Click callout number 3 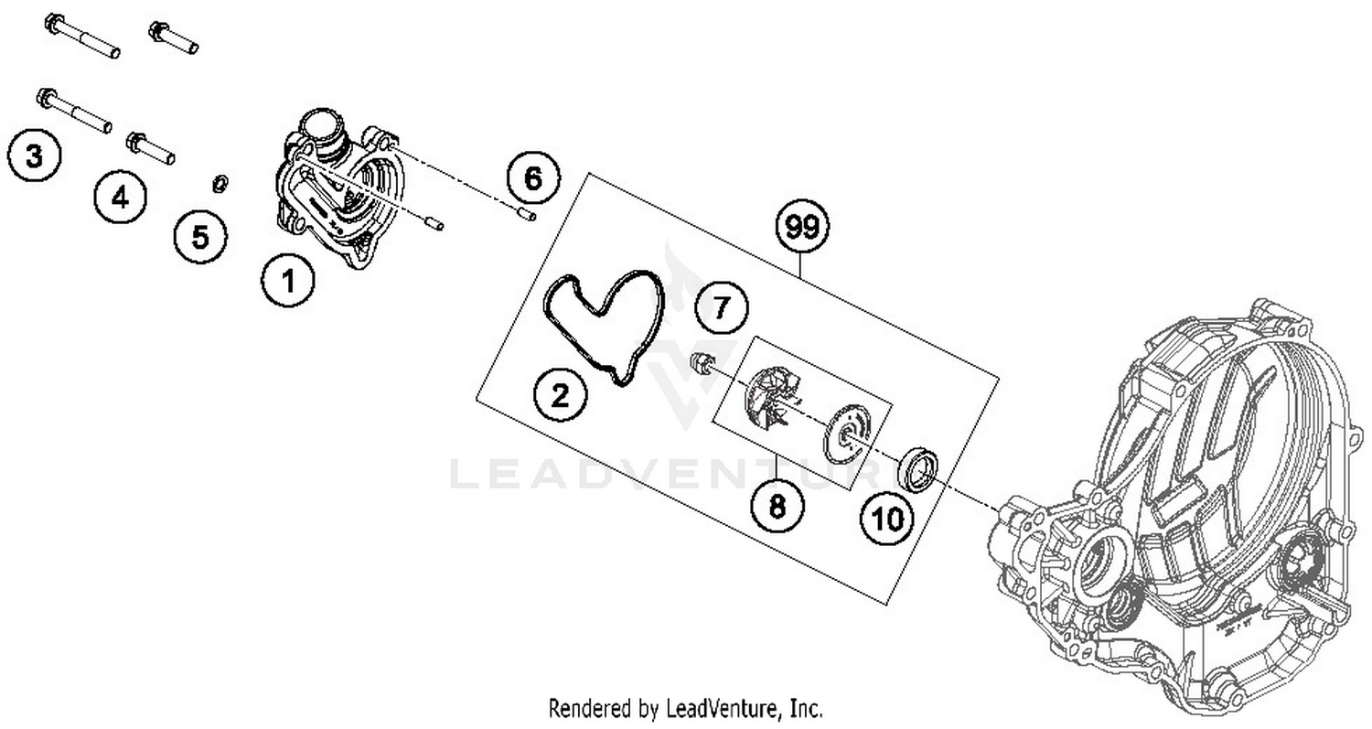[34, 155]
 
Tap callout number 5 [199, 237]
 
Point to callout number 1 [288, 281]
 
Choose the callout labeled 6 [532, 178]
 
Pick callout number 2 [560, 395]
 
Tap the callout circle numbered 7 [722, 307]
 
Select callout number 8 [777, 505]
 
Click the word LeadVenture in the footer [724, 708]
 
